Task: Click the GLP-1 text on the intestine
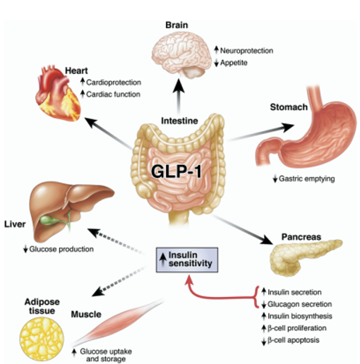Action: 179,172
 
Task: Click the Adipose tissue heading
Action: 36,304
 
